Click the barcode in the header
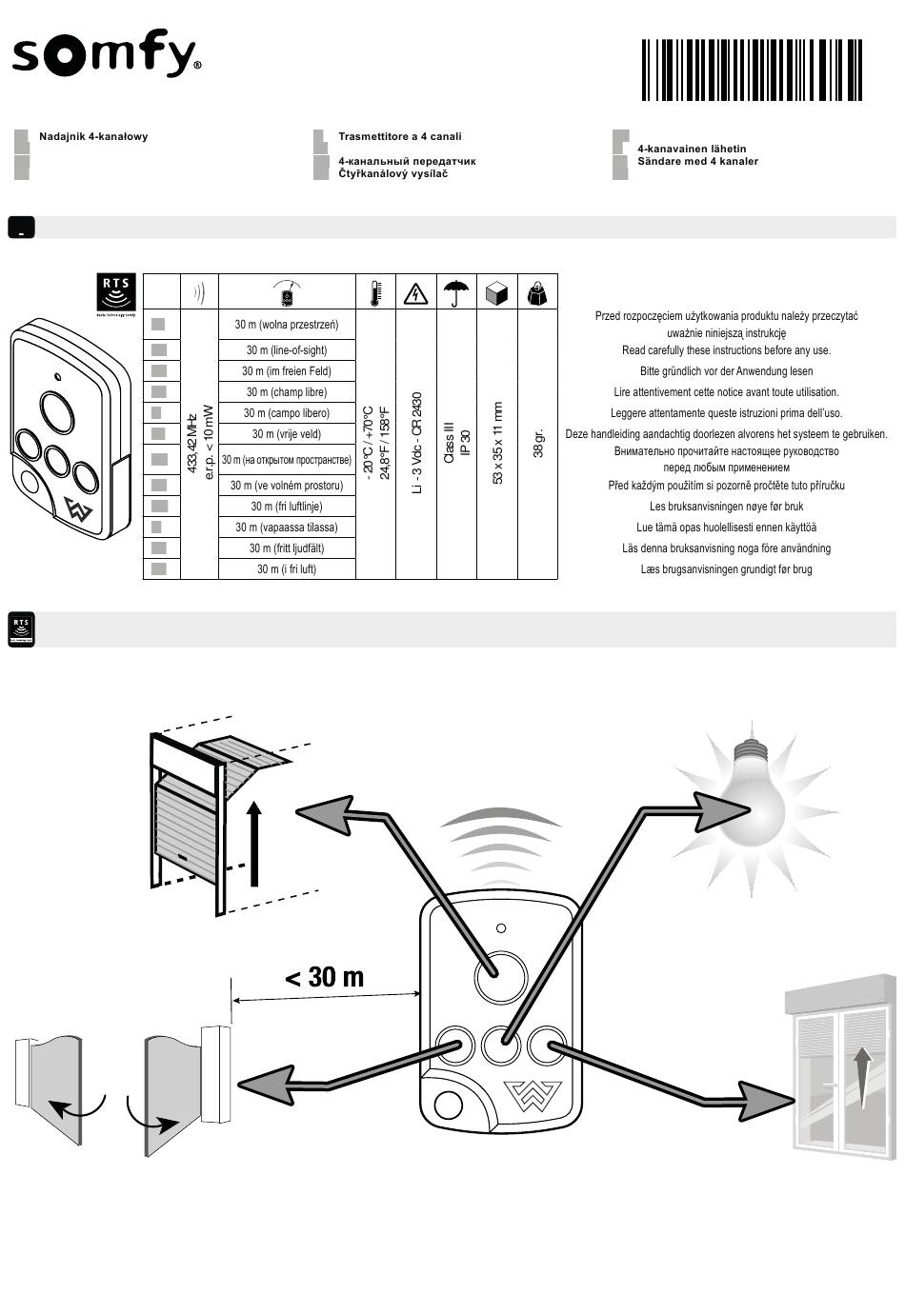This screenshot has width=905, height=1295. [x=752, y=70]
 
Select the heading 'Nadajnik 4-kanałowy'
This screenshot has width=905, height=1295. [x=93, y=136]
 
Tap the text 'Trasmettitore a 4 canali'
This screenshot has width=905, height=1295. [x=400, y=136]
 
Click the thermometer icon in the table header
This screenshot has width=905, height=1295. [x=375, y=292]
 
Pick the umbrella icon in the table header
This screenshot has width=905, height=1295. [x=456, y=292]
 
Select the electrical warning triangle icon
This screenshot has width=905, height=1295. [x=415, y=293]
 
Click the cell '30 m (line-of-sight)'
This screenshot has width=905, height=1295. [x=287, y=349]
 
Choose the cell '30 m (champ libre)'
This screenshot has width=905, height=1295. [x=287, y=392]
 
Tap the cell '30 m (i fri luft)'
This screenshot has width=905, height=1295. [x=287, y=568]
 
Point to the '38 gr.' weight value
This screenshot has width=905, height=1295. [x=538, y=444]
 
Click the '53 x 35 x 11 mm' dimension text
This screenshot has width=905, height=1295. [x=497, y=444]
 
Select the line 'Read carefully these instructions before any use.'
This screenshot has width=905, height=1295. [x=726, y=349]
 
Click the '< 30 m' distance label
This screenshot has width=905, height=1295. [x=325, y=977]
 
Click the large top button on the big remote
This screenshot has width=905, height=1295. [x=501, y=977]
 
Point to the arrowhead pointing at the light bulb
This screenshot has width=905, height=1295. [x=724, y=810]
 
